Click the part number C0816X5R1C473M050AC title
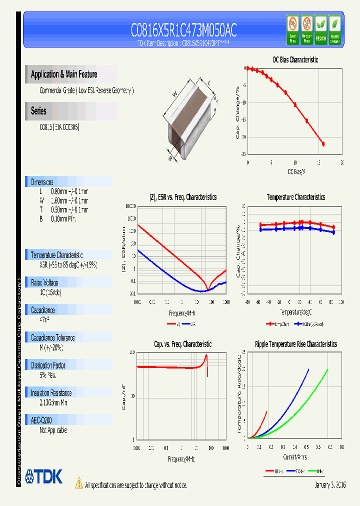[x=183, y=31]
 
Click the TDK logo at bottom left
[x=43, y=476]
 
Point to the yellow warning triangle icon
[x=78, y=483]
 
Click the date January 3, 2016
[x=330, y=485]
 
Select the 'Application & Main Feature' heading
[x=64, y=74]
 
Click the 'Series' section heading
[x=38, y=111]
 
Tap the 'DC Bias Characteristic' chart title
[x=295, y=59]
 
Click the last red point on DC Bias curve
[x=323, y=144]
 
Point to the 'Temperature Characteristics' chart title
[x=295, y=197]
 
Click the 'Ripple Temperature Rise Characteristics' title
[x=295, y=344]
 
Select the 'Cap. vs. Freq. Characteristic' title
[x=182, y=344]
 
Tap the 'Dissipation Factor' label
[x=48, y=365]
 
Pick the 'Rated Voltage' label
[x=44, y=282]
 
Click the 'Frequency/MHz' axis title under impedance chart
[x=181, y=312]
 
